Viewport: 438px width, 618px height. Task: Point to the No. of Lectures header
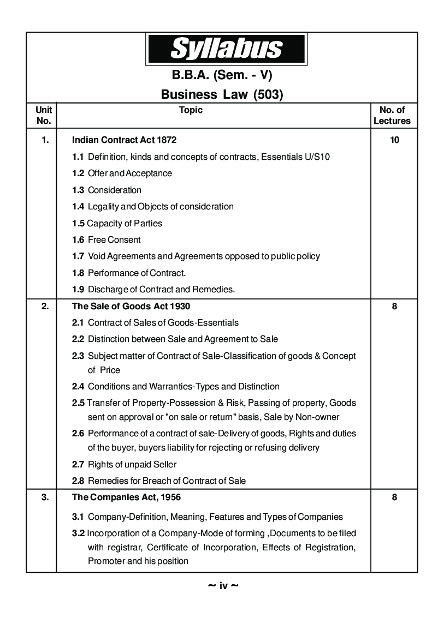pos(392,116)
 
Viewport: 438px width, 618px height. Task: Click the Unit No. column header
pos(43,116)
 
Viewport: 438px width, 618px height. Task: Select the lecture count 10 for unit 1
pos(394,140)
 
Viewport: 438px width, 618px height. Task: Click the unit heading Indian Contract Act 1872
pos(125,140)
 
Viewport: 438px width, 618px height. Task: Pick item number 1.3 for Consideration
pos(78,190)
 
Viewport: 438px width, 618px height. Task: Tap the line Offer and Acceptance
pos(129,173)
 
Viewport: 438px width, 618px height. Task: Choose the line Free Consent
pos(114,239)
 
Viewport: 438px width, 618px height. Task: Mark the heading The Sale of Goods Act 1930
pos(131,307)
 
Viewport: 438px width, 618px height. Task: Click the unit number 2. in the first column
pos(45,307)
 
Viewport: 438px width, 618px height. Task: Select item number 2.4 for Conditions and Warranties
pos(78,386)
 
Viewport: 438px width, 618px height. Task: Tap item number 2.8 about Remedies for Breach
pos(78,481)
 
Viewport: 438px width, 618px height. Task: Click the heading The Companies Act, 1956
pos(127,497)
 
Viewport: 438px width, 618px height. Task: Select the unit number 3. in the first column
pos(45,497)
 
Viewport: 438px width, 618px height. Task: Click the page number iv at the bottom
pos(223,586)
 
